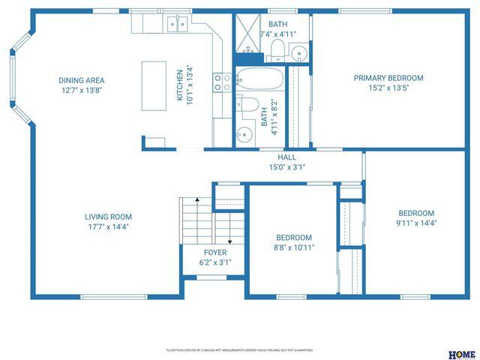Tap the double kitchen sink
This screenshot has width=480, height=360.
[x=178, y=25]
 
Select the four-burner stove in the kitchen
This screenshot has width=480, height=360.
[x=222, y=82]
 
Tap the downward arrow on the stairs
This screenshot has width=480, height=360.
[x=229, y=238]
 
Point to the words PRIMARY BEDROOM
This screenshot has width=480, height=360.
[x=388, y=78]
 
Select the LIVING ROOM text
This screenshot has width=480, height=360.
[x=113, y=217]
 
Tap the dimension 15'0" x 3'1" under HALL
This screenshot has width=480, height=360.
[x=287, y=167]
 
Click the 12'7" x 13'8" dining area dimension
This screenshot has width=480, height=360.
[x=82, y=90]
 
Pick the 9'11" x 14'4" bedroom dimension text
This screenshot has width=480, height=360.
[x=416, y=223]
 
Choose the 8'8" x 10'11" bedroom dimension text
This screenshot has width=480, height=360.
[x=293, y=247]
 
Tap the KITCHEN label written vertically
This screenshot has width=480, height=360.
[x=180, y=86]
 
